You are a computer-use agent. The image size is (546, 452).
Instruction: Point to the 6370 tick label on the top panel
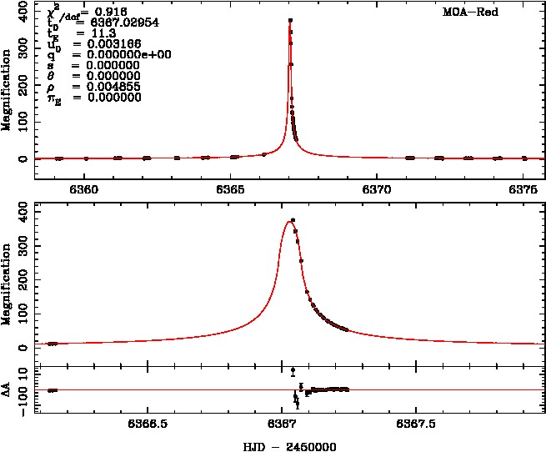coord(378,189)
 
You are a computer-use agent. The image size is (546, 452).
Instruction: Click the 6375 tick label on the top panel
coord(523,189)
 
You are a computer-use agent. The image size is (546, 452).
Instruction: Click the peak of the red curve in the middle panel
coord(288,221)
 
